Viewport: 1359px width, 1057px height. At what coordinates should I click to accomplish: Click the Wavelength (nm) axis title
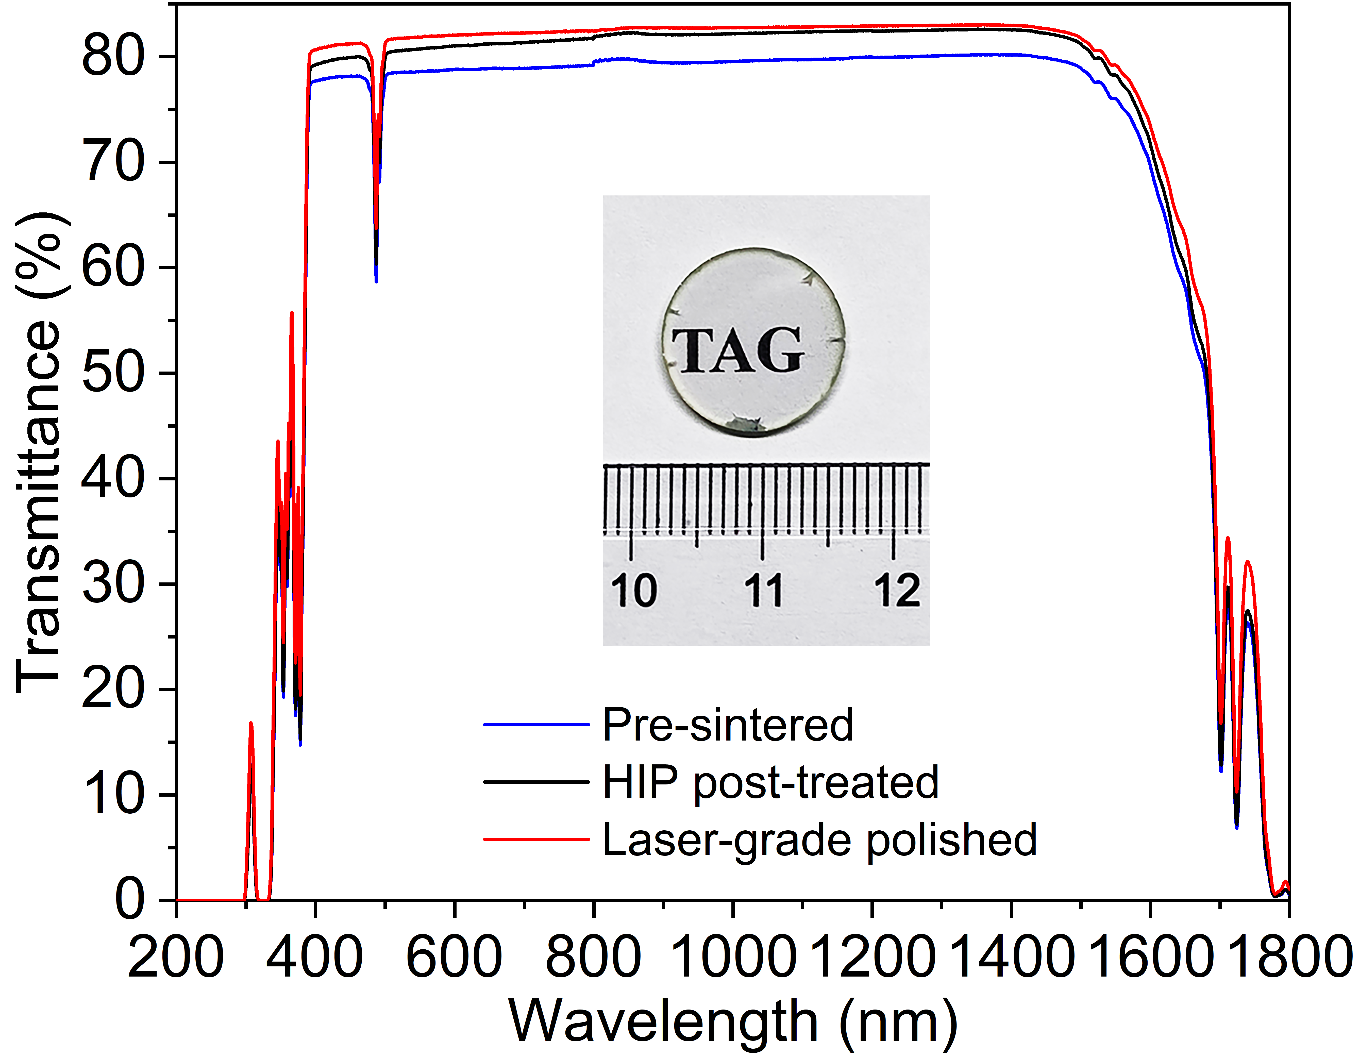point(733,1022)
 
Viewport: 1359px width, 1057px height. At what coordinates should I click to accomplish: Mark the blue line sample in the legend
point(536,725)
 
